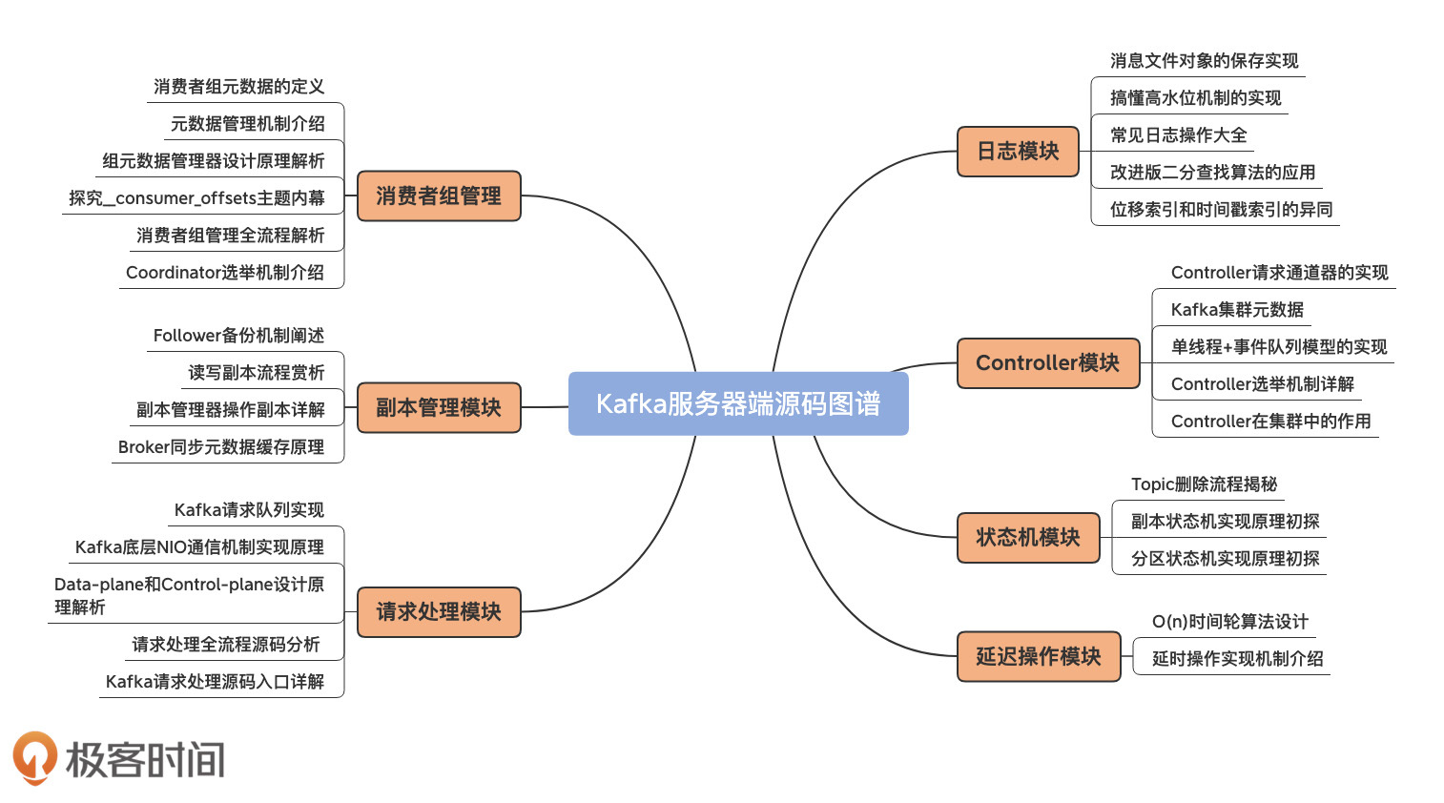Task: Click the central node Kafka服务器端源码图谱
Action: pos(738,403)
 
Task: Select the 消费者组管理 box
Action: pos(439,196)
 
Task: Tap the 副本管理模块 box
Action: pos(439,407)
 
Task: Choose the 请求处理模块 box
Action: pos(439,611)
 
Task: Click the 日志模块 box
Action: pos(1018,151)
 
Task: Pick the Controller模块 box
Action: pos(1047,362)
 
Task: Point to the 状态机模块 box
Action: pos(1027,537)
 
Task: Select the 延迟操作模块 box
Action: pos(1038,656)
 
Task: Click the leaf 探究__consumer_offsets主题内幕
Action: pos(196,197)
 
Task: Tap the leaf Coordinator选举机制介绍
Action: pos(225,272)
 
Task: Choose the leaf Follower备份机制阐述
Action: pos(238,335)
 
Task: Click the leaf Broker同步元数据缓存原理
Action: pos(221,446)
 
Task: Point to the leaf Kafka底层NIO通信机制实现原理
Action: pos(199,546)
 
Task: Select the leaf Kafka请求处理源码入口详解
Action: pos(215,681)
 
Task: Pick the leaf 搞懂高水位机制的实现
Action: pos(1195,97)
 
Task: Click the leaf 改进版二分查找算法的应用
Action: pos(1212,172)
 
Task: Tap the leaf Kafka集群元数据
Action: pos(1237,309)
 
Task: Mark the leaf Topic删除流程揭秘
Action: pos(1204,484)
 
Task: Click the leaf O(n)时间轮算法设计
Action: pos(1229,621)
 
